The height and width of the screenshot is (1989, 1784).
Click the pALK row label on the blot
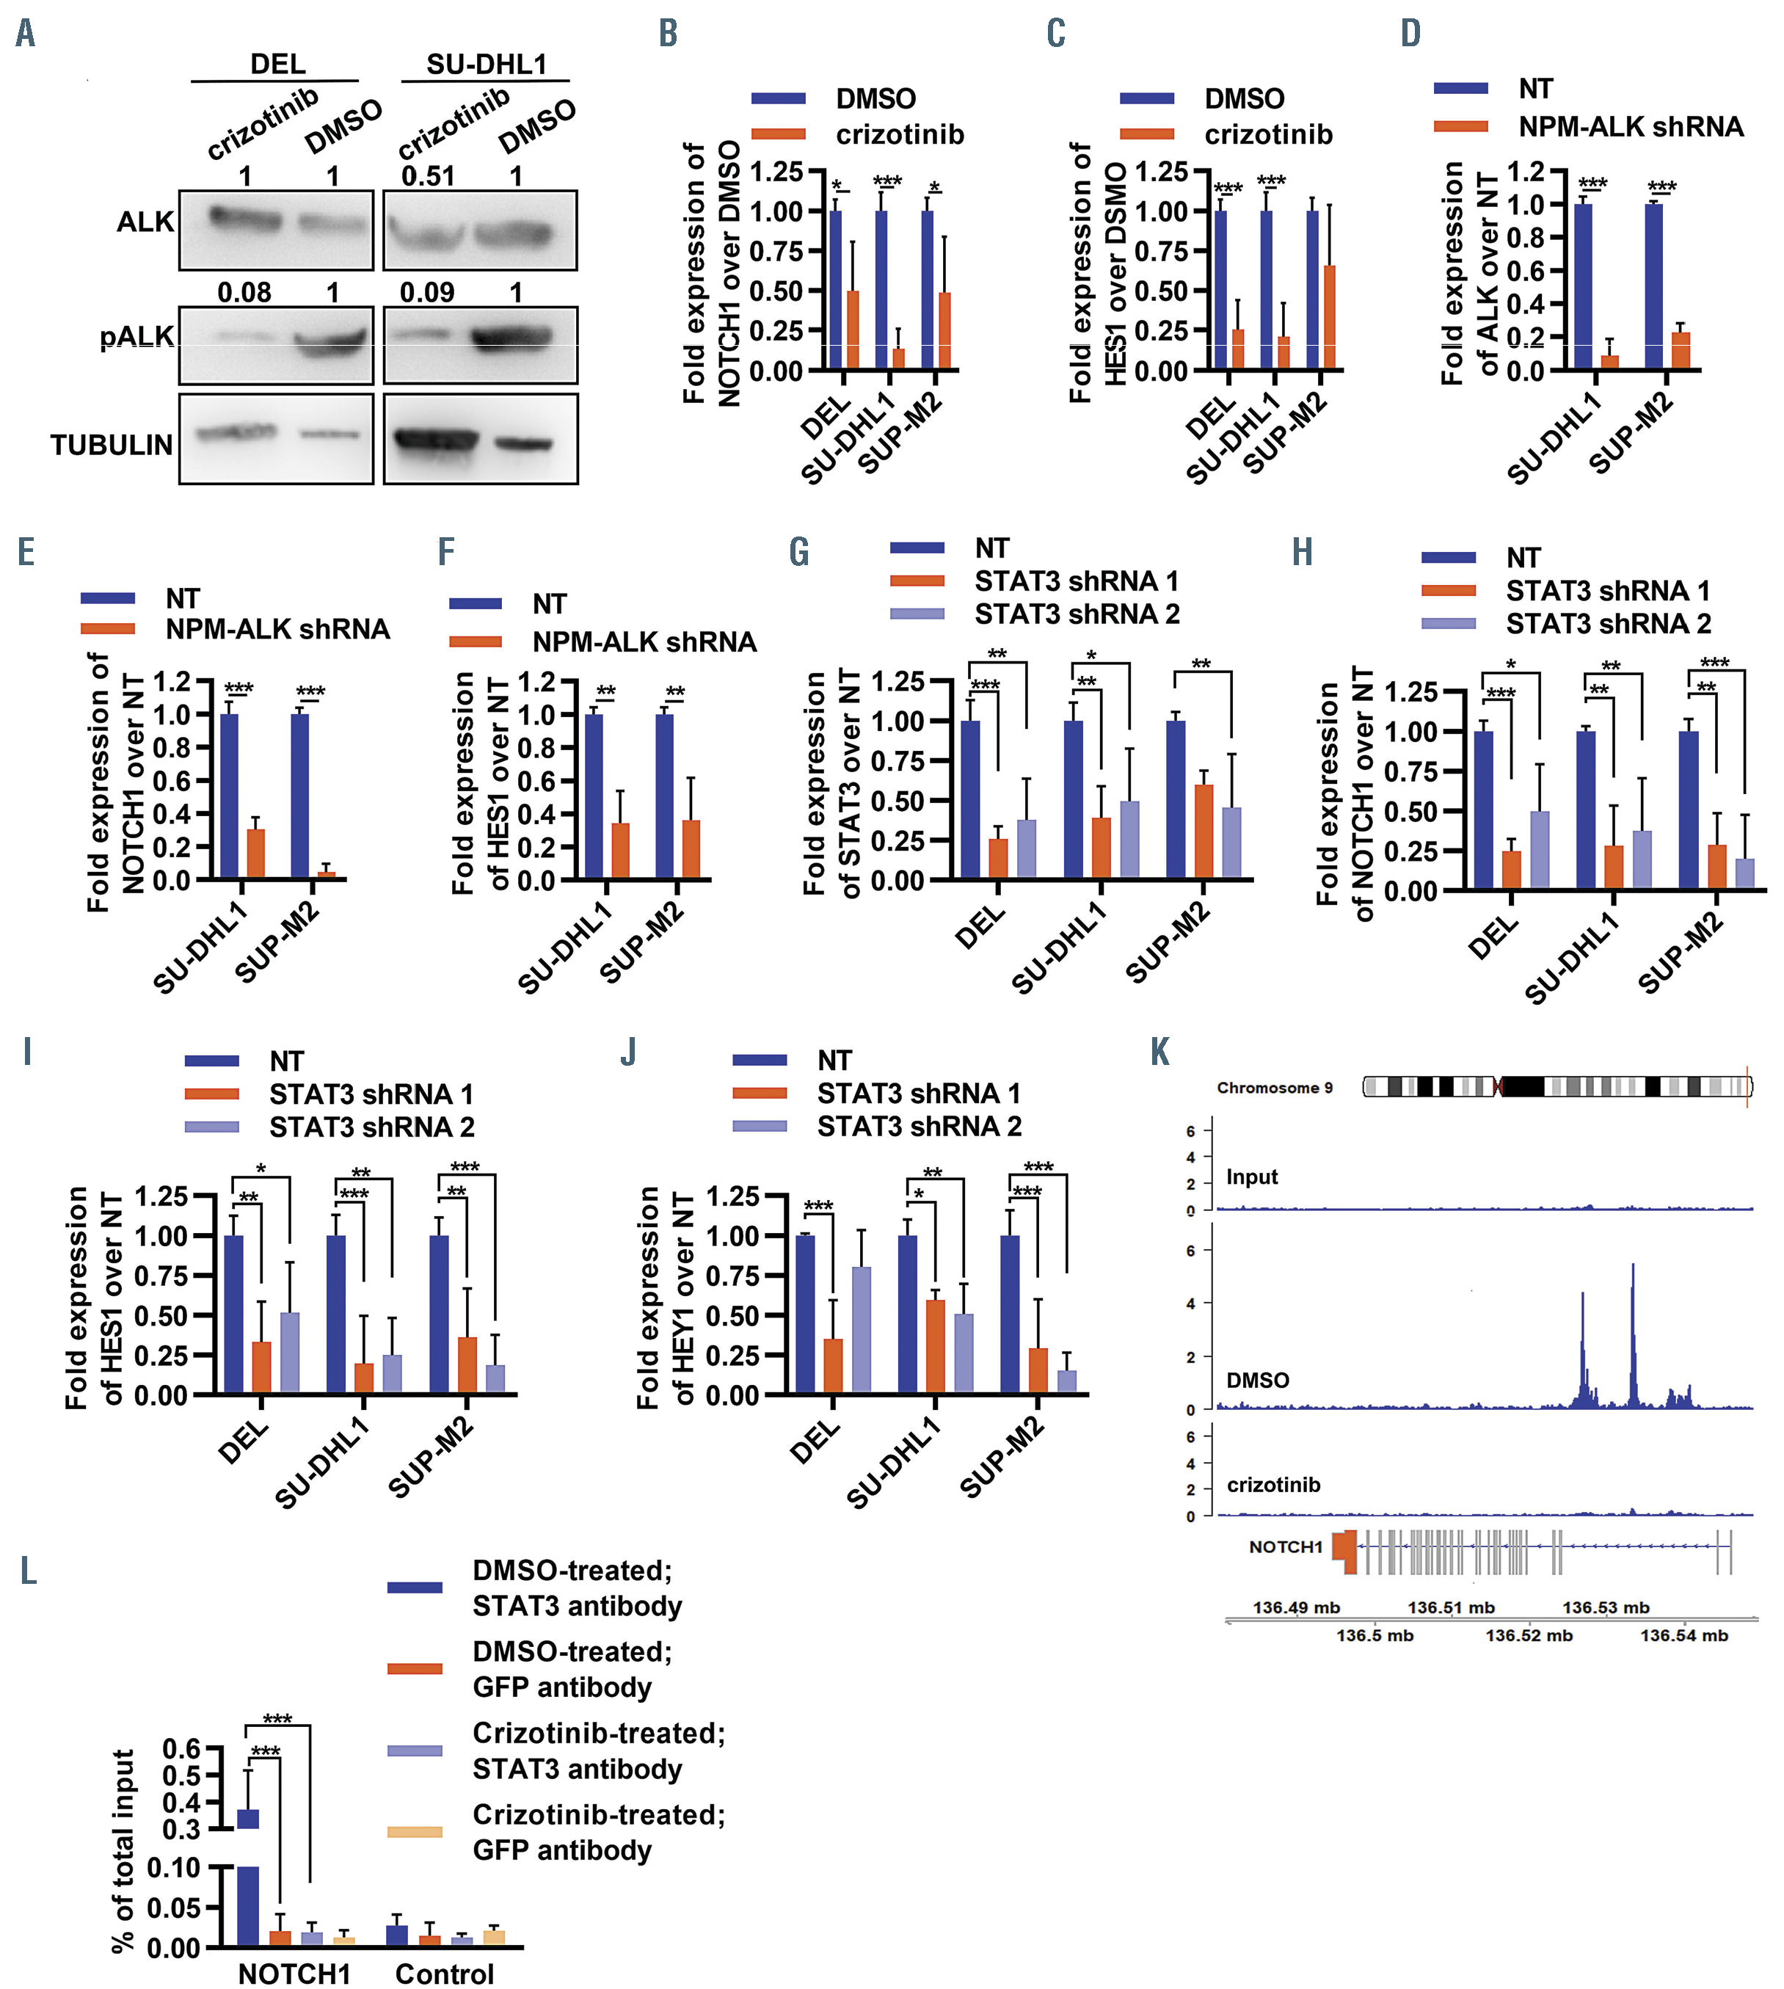136,337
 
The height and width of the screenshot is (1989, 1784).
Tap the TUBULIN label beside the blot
112,445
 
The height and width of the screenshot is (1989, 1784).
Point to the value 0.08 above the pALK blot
244,292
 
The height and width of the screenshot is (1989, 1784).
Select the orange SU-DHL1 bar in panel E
256,854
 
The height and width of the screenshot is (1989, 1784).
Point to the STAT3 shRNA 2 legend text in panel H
1608,623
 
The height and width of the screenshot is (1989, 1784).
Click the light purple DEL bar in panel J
862,1329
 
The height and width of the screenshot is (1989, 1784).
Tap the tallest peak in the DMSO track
1633,1274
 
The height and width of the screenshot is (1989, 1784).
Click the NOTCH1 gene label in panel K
1285,1547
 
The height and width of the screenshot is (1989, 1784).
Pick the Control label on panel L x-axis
444,1974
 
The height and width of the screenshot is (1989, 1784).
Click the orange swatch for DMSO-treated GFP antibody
415,1668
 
